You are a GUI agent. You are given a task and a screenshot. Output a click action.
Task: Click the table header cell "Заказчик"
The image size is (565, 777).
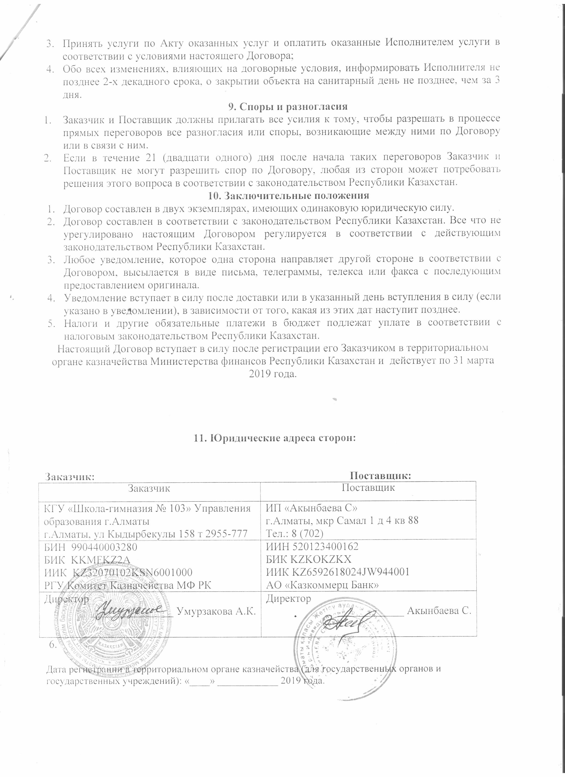pyautogui.click(x=149, y=488)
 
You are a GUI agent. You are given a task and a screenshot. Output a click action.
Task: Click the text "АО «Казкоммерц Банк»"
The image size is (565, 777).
pyautogui.click(x=322, y=585)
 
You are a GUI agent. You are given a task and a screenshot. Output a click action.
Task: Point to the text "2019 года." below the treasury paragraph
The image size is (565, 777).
pyautogui.click(x=272, y=374)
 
